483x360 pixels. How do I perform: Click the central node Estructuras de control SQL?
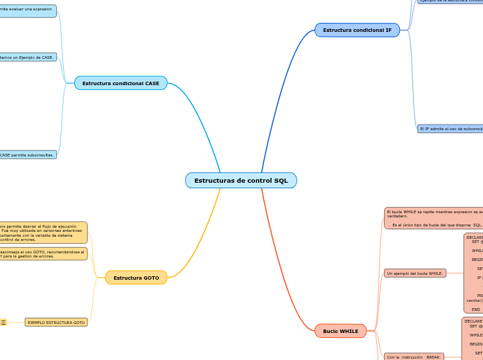click(x=240, y=181)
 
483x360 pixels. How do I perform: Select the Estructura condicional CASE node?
click(x=121, y=83)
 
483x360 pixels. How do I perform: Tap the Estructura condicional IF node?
click(x=357, y=30)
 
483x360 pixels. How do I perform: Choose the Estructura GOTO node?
click(x=136, y=278)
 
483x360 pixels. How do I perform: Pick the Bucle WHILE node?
click(x=340, y=331)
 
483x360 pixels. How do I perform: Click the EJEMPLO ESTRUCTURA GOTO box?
click(x=56, y=322)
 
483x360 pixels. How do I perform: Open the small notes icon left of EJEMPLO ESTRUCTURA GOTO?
click(x=3, y=322)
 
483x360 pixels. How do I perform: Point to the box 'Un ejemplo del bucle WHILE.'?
click(x=414, y=273)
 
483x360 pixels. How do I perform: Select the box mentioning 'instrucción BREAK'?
click(x=414, y=357)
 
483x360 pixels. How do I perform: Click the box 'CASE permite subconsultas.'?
click(x=28, y=154)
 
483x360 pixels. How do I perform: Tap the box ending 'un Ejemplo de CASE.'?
click(x=28, y=57)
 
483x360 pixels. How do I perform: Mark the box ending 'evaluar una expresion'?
click(x=28, y=10)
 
